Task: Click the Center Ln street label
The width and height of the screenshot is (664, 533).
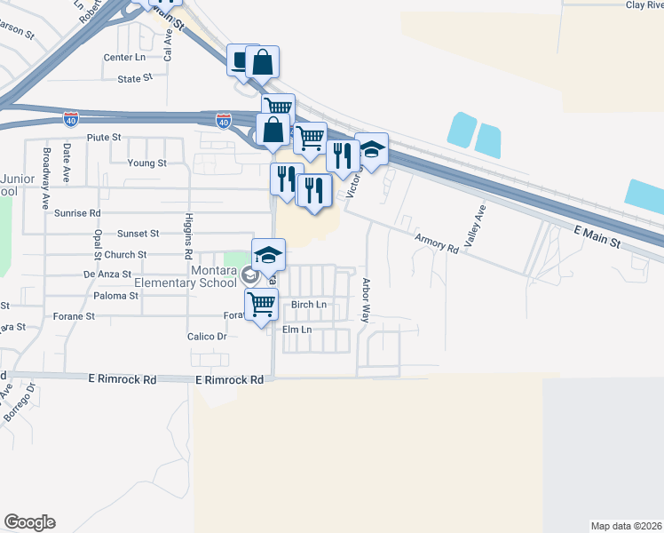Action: [x=123, y=57]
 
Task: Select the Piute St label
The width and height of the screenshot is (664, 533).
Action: [x=103, y=138]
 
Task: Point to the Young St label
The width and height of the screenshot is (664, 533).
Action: [x=146, y=163]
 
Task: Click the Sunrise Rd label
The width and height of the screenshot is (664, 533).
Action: [x=77, y=213]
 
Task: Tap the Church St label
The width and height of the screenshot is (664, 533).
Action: [x=125, y=254]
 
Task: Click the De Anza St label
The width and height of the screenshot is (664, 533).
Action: [x=107, y=274]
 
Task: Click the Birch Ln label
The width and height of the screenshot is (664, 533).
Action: [x=309, y=305]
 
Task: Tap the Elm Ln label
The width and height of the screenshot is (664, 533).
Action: [x=296, y=330]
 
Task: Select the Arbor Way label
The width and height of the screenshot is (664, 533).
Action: [x=366, y=301]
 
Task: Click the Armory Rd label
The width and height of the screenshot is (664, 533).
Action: [x=435, y=243]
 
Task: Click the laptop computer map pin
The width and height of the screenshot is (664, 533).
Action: [x=242, y=61]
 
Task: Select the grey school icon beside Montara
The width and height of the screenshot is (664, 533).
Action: [x=249, y=275]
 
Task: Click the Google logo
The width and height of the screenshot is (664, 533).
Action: [x=29, y=522]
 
